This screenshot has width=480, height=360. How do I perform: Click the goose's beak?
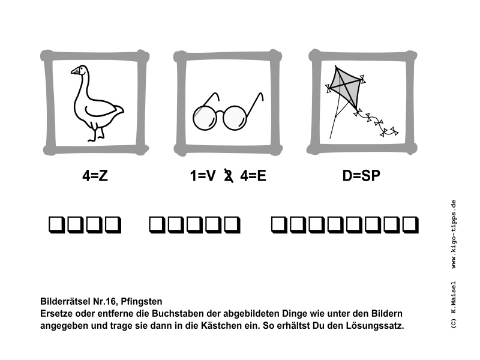pyautogui.click(x=74, y=71)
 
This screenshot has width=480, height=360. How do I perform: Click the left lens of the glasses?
pyautogui.click(x=204, y=116)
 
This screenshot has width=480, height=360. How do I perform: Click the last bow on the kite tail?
pyautogui.click(x=393, y=130)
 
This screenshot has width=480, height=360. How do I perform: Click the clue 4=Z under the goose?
pyautogui.click(x=95, y=176)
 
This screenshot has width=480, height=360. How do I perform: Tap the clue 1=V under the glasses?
pyautogui.click(x=202, y=176)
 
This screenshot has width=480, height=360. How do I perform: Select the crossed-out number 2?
pyautogui.click(x=227, y=176)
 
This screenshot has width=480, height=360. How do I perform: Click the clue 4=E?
pyautogui.click(x=253, y=176)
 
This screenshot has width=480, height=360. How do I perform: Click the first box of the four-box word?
pyautogui.click(x=56, y=225)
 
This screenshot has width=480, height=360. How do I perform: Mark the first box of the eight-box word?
pyautogui.click(x=280, y=225)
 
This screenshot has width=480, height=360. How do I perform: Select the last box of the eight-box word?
pyautogui.click(x=410, y=225)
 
